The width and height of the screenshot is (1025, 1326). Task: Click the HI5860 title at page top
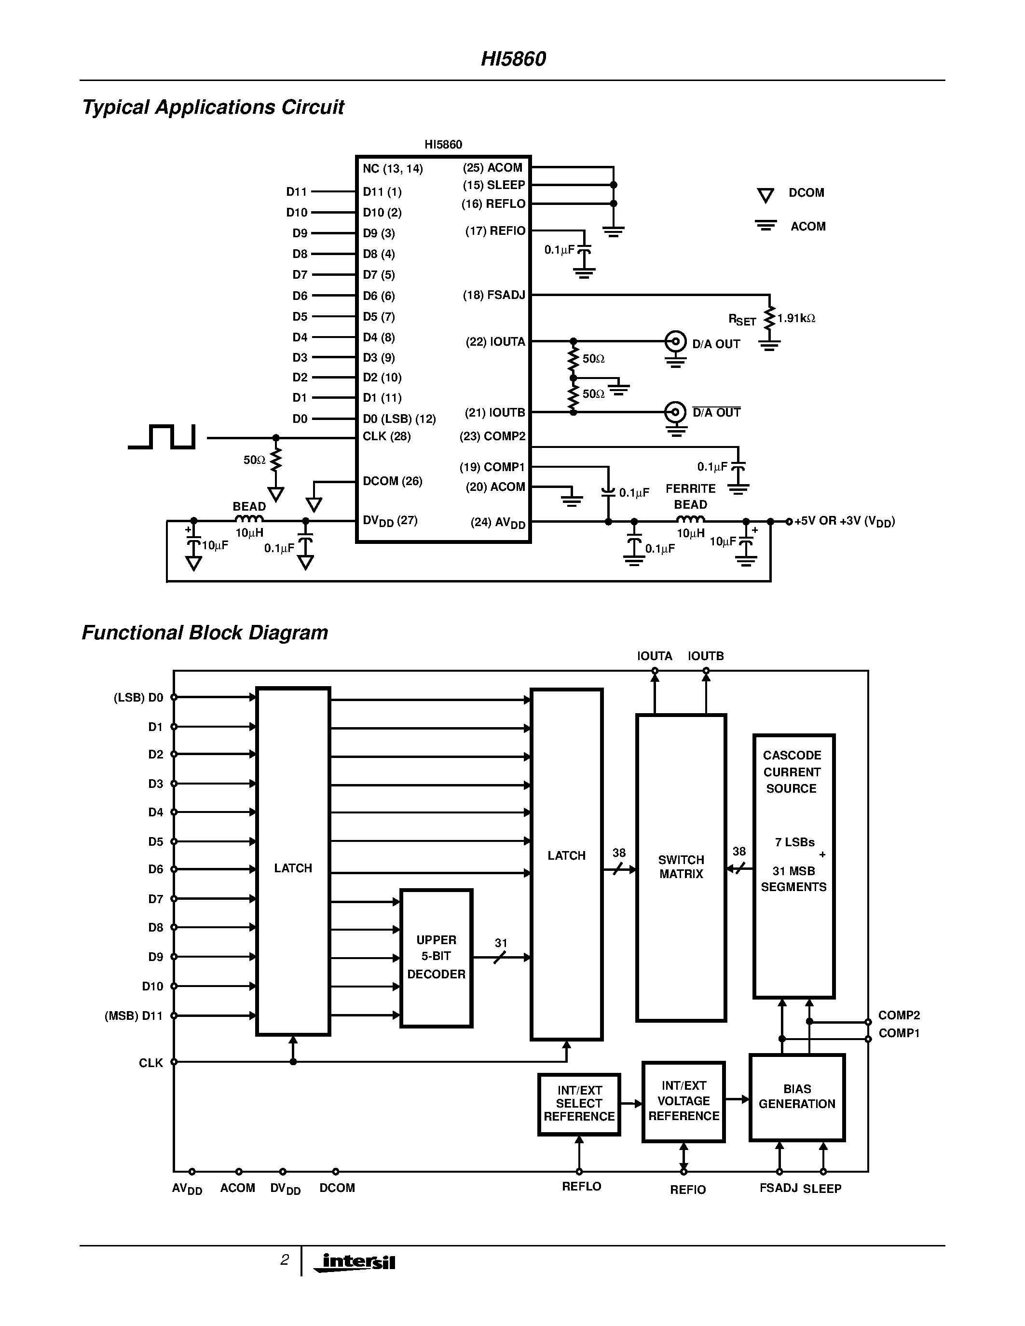point(513,59)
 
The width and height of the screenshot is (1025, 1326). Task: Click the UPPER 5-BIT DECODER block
point(436,958)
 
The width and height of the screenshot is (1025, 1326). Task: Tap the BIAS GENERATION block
point(797,1096)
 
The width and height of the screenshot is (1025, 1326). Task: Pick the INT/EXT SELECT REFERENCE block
point(579,1104)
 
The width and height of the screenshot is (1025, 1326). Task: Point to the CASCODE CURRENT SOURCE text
point(792,771)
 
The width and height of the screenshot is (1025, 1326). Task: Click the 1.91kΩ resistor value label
point(796,318)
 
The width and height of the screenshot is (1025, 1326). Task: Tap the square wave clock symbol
point(163,437)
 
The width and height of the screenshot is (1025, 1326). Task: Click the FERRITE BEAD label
point(690,496)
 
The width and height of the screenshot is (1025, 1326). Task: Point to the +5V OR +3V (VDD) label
point(844,521)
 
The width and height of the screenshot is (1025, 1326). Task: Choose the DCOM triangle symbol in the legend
point(765,195)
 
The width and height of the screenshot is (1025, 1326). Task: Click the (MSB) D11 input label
point(134,1016)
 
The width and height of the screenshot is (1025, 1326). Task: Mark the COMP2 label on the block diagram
point(899,1015)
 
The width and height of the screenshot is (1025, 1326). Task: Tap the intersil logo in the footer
point(357,1262)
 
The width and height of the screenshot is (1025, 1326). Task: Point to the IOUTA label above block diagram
point(654,656)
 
